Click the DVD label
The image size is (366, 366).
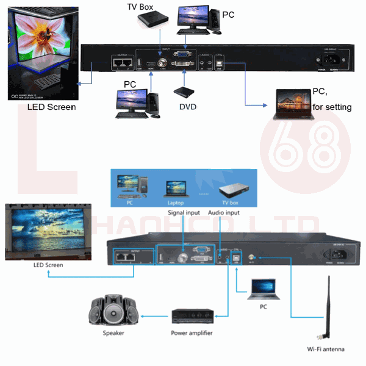click(x=187, y=106)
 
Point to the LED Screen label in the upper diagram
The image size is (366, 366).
click(x=51, y=107)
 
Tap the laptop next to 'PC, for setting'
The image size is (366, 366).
click(x=293, y=101)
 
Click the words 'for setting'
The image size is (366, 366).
click(x=332, y=107)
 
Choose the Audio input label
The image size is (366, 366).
click(x=224, y=212)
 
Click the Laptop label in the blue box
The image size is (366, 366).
click(x=175, y=203)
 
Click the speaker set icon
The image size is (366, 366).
click(x=112, y=310)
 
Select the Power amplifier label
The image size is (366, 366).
click(x=192, y=333)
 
